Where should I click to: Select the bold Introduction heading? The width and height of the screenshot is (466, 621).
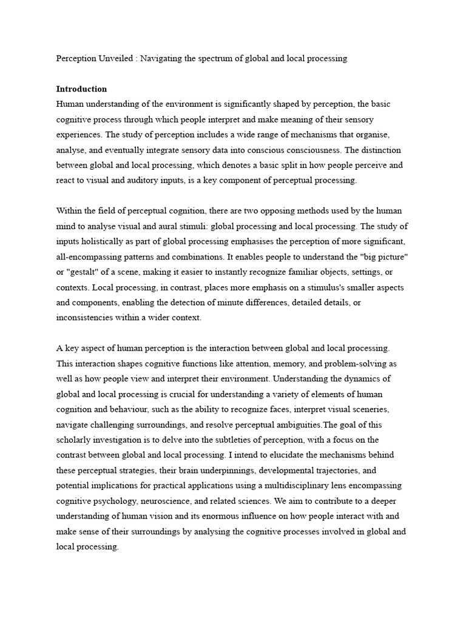(81, 89)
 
